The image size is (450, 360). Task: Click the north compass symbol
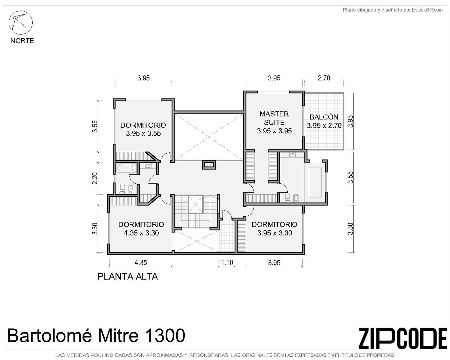pyautogui.click(x=20, y=23)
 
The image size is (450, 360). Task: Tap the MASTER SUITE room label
pyautogui.click(x=274, y=118)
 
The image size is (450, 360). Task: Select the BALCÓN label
pyautogui.click(x=324, y=117)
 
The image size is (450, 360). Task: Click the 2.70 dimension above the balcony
pyautogui.click(x=324, y=78)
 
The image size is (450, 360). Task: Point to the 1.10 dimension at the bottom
pyautogui.click(x=227, y=262)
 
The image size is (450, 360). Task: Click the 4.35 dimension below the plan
pyautogui.click(x=140, y=262)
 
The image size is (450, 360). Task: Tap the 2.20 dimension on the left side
pyautogui.click(x=95, y=178)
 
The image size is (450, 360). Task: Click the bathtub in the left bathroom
pyautogui.click(x=125, y=168)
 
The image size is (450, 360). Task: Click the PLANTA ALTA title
pyautogui.click(x=127, y=277)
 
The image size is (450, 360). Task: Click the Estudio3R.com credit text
pyautogui.click(x=427, y=10)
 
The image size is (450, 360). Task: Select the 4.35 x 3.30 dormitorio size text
pyautogui.click(x=141, y=233)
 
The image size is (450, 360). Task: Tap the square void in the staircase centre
pyautogui.click(x=196, y=204)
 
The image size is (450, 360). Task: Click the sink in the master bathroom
pyautogui.click(x=292, y=155)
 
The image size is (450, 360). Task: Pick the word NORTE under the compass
pyautogui.click(x=22, y=40)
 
